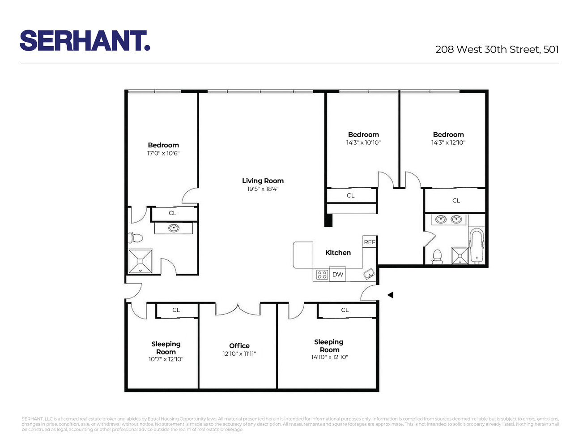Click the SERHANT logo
point(85,41)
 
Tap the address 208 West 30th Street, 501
point(497,49)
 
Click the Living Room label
point(263,181)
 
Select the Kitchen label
point(338,253)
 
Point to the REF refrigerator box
point(370,242)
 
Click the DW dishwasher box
point(338,275)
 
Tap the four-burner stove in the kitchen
point(322,275)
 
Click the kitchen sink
point(369,274)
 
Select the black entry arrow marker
point(390,295)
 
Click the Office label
point(239,346)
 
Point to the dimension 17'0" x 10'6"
point(163,153)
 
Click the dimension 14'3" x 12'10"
point(448,142)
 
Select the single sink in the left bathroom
point(174,228)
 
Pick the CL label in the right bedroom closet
point(456,201)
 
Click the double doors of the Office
point(238,309)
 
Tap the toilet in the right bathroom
point(437,256)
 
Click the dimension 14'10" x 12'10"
point(329,357)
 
